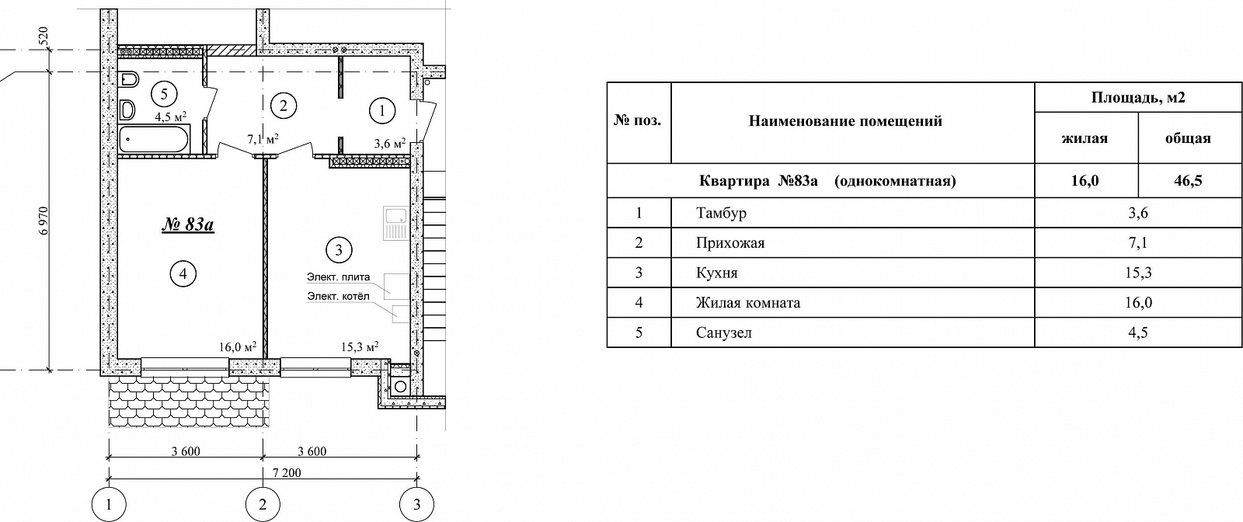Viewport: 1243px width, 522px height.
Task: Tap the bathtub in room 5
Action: coord(153,139)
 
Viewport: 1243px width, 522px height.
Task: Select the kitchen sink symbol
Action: coord(395,222)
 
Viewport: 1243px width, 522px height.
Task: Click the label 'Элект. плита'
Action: coord(339,277)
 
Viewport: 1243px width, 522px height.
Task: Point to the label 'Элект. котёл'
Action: coord(338,297)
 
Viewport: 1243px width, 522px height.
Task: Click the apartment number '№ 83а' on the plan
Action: coord(188,224)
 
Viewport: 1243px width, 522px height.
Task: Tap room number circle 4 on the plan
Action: coord(183,273)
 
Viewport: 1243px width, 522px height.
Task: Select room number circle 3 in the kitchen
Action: coord(339,250)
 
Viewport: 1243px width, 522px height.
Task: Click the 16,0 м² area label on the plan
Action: coord(238,346)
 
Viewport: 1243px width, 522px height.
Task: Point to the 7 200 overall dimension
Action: coord(287,472)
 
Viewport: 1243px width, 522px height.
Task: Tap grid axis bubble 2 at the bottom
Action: coord(263,505)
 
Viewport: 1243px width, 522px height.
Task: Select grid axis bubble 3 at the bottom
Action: coord(416,505)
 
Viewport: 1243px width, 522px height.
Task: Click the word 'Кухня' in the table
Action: coord(717,273)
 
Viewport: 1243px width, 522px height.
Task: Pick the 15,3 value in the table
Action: coord(1138,273)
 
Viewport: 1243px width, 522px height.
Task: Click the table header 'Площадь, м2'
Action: coord(1138,98)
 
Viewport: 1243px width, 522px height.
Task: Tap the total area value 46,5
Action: coord(1188,181)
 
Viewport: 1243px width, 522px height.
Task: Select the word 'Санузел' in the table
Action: coord(724,332)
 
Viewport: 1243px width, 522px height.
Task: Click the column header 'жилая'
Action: coord(1085,139)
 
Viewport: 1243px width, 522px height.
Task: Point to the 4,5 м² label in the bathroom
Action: coord(170,117)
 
